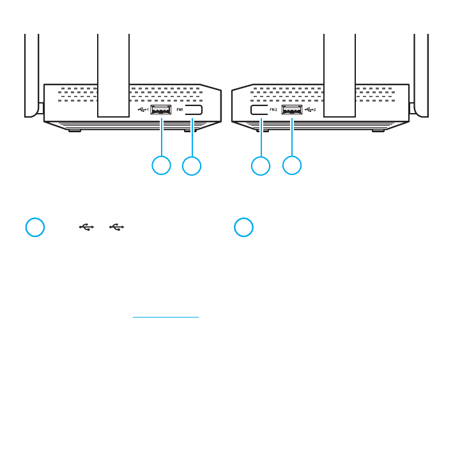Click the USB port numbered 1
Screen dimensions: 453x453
click(x=161, y=109)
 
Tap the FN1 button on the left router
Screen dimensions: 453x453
click(x=194, y=109)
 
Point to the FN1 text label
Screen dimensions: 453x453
click(x=179, y=109)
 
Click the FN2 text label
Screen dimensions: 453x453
click(x=274, y=109)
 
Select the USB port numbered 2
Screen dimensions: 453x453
click(x=291, y=109)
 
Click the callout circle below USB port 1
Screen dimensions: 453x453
click(x=161, y=165)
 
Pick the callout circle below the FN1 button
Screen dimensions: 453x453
click(x=192, y=165)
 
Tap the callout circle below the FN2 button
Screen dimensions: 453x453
click(x=261, y=165)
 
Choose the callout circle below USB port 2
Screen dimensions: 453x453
click(x=292, y=165)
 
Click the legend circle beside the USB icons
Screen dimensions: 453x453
click(x=35, y=227)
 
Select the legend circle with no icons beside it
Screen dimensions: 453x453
click(x=243, y=227)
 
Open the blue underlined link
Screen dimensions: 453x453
click(x=165, y=316)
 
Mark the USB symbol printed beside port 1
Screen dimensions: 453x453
click(x=142, y=109)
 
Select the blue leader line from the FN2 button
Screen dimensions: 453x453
click(x=261, y=136)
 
